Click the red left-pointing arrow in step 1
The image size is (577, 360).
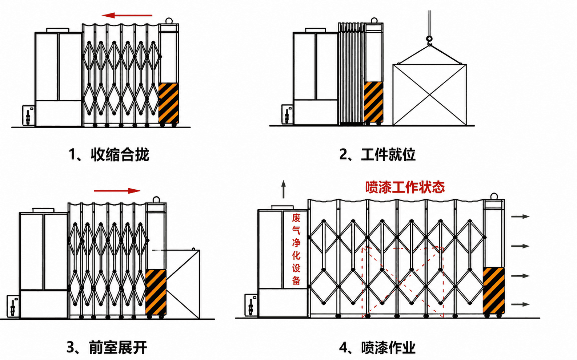(127, 16)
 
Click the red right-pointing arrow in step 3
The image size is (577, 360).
(117, 191)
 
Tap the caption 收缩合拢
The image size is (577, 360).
(120, 155)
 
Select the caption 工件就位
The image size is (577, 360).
(388, 155)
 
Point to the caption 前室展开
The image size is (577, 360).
(118, 347)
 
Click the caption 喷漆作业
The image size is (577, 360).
(388, 347)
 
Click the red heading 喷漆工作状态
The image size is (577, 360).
(405, 187)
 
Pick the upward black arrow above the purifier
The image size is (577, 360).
(283, 189)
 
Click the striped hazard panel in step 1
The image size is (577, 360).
(168, 103)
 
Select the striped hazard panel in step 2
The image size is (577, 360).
(373, 102)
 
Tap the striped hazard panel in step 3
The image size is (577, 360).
(156, 292)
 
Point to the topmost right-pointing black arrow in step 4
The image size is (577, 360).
(520, 217)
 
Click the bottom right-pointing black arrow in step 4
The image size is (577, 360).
(520, 304)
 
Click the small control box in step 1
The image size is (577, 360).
(29, 116)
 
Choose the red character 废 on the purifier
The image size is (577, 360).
(296, 218)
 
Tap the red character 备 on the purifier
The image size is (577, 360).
(296, 280)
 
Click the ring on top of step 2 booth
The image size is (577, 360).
(374, 20)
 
